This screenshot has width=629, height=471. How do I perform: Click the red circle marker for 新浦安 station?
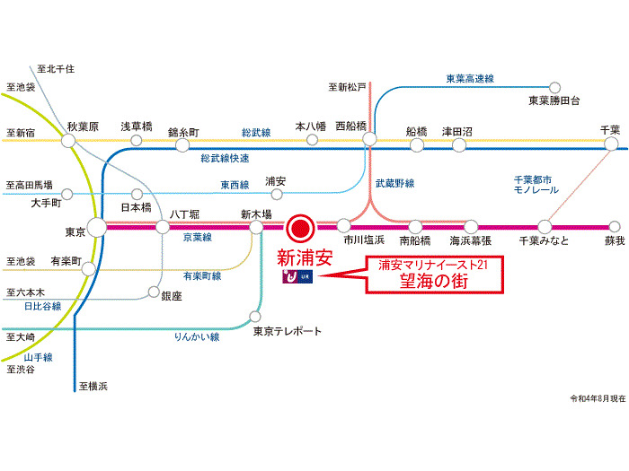point(302,226)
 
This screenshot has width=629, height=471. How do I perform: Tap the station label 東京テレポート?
point(287,331)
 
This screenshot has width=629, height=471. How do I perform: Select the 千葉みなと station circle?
point(545,226)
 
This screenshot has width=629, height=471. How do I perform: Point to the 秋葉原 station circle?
point(69,142)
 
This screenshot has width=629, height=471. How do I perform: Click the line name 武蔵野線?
point(394,183)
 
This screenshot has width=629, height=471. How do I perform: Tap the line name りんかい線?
point(197,337)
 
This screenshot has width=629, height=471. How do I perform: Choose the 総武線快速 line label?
point(225,158)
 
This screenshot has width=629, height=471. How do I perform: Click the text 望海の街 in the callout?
point(435,280)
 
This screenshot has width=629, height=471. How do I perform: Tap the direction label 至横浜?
point(93,386)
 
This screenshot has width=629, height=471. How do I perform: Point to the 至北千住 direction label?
point(55,68)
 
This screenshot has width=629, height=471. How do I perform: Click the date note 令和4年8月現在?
point(598,398)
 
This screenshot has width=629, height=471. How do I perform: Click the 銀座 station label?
point(172,295)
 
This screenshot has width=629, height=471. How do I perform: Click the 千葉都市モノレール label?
point(536,185)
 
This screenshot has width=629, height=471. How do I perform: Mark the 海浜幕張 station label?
point(472,241)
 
